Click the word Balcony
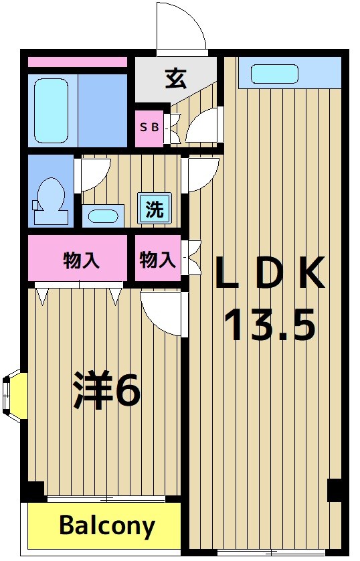pos(107,526)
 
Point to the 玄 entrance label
pos(175,79)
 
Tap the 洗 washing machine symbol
pos(155,209)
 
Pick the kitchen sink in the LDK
pos(274,74)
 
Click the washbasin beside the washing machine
pos(103,216)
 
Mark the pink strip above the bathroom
pos(77,62)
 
